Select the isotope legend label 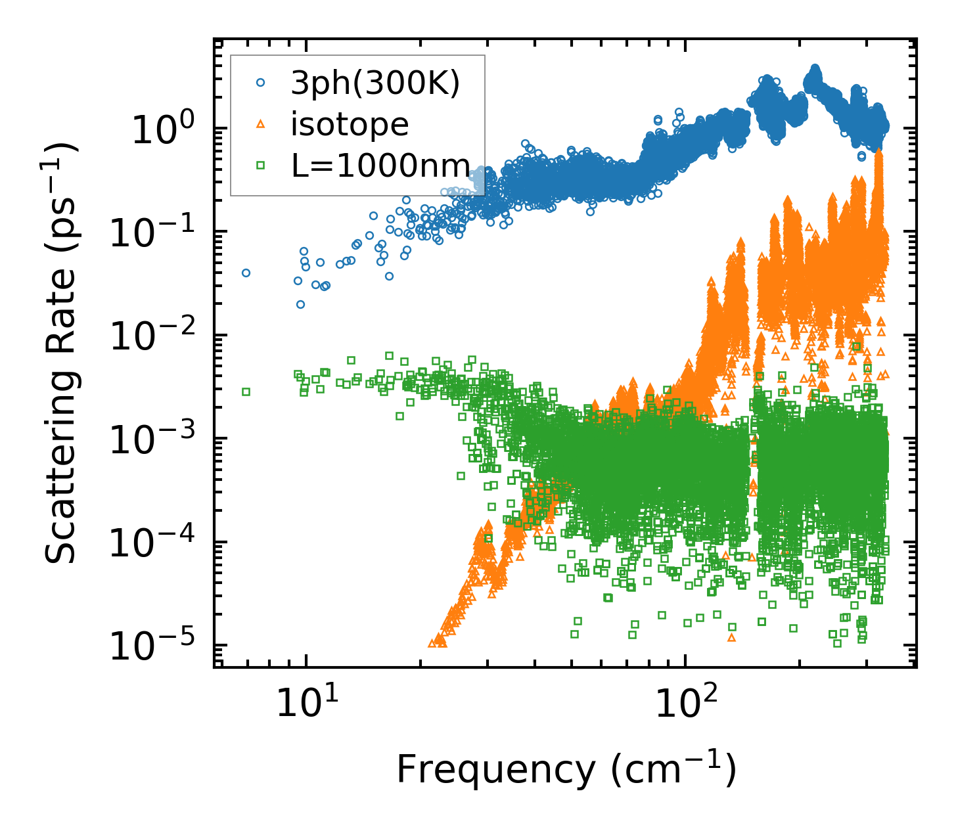pos(350,124)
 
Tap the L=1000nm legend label pos(381,166)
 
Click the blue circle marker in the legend pos(261,83)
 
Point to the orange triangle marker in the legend pos(261,124)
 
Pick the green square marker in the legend pos(261,166)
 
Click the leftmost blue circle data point pos(246,273)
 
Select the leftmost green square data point pos(246,392)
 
